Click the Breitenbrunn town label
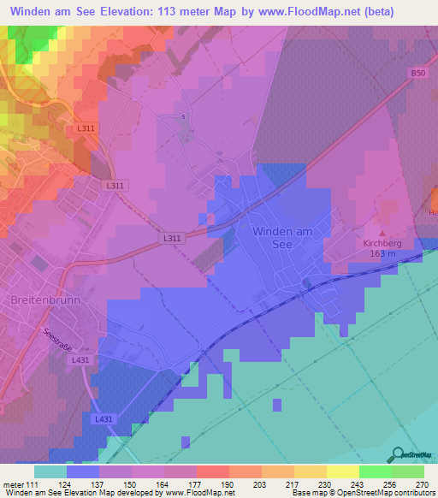(42, 300)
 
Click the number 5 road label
(183, 116)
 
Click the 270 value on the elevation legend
(421, 484)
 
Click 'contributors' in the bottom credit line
(410, 493)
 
